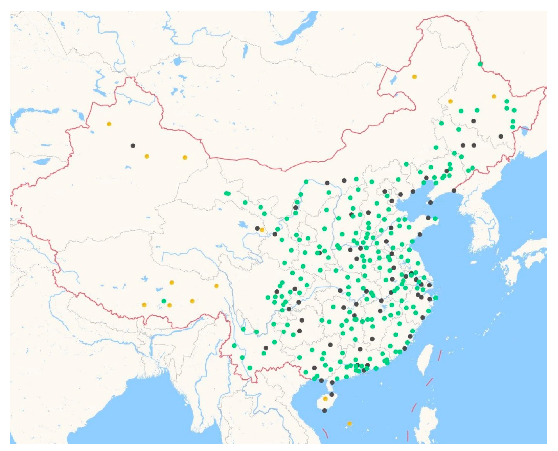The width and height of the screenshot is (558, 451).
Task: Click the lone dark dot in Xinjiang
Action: pyautogui.click(x=133, y=146)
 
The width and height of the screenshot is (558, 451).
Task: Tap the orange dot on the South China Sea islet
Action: pyautogui.click(x=349, y=424)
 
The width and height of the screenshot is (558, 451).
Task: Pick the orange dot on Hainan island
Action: pyautogui.click(x=325, y=399)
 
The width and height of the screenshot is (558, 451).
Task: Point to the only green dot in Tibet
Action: pyautogui.click(x=164, y=301)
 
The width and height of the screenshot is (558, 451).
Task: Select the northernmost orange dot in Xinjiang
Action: pyautogui.click(x=109, y=124)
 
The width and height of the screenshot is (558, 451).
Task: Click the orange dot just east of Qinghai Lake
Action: pyautogui.click(x=262, y=230)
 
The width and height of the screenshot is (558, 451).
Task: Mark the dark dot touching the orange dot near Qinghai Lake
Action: pyautogui.click(x=257, y=228)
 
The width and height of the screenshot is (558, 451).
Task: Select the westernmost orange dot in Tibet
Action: pyautogui.click(x=144, y=305)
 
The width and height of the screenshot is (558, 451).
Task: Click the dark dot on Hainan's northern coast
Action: pyautogui.click(x=332, y=394)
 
